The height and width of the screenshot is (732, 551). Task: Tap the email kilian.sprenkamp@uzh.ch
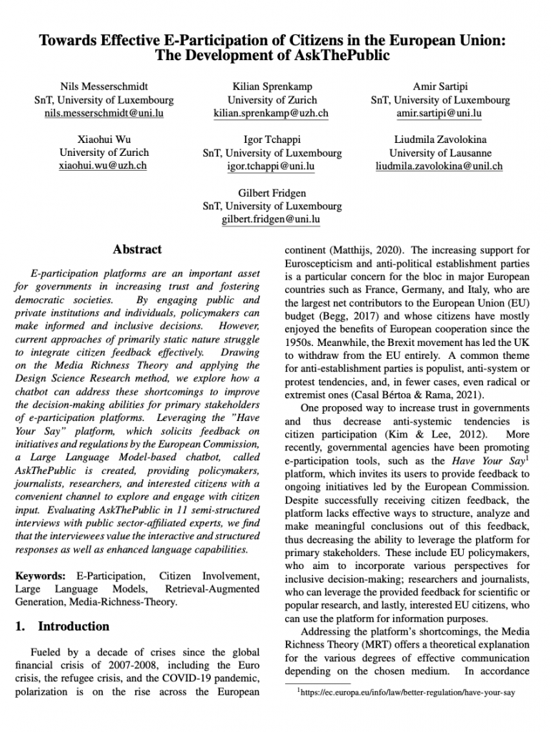272,114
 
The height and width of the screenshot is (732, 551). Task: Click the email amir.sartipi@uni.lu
440,114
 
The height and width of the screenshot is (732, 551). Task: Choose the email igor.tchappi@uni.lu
272,167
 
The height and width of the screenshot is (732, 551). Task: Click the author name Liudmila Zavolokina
440,139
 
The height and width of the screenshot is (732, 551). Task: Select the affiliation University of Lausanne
440,153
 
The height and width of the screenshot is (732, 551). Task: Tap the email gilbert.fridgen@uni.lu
272,219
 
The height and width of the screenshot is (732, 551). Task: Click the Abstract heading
137,250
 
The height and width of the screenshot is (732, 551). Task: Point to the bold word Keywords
40,575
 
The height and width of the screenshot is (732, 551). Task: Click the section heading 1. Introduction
62,627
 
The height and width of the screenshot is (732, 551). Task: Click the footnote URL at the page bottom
408,693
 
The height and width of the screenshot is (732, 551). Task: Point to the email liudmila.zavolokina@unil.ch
440,167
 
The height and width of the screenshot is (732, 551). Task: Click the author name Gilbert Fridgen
272,193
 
